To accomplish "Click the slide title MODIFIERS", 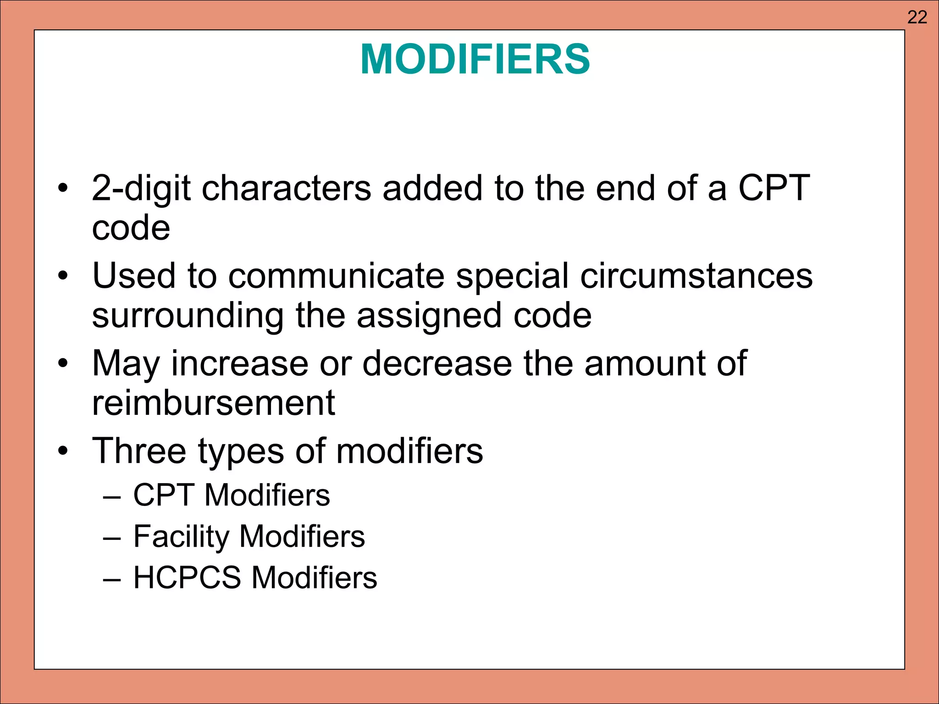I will (x=475, y=60).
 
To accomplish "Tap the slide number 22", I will (x=917, y=17).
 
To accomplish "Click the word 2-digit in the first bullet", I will (x=141, y=188).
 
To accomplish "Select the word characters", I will (x=286, y=188).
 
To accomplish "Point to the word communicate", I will (x=336, y=276).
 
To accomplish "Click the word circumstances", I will (x=696, y=276).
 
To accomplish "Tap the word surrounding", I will (x=188, y=316).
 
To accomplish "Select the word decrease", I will (x=437, y=363).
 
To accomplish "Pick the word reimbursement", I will (x=213, y=403).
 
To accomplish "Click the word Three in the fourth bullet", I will (x=139, y=451).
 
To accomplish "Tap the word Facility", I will (x=181, y=536).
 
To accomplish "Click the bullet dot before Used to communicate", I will (x=63, y=276).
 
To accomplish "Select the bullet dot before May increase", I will (x=63, y=364).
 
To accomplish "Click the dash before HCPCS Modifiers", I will (x=112, y=578).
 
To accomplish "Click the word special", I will (x=512, y=276).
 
